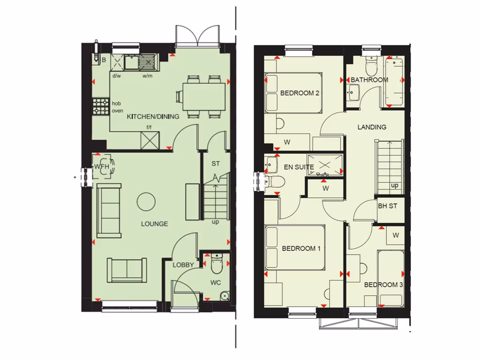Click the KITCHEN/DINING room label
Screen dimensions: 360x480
click(153, 116)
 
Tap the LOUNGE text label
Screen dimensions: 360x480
click(154, 224)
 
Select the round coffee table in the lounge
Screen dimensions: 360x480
click(146, 202)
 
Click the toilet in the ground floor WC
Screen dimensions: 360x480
click(217, 264)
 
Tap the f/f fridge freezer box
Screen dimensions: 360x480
click(150, 140)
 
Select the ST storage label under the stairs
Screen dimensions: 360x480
click(216, 164)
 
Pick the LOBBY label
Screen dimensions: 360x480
click(183, 265)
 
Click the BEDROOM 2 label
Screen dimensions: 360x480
click(300, 93)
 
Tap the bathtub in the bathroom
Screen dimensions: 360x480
click(394, 82)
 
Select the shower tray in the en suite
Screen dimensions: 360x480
click(325, 165)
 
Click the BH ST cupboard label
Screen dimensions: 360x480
click(388, 206)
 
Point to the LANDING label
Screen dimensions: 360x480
click(372, 127)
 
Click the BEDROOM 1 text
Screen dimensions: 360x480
click(301, 248)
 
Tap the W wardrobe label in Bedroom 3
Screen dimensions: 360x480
click(395, 235)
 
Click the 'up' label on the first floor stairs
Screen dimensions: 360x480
click(395, 186)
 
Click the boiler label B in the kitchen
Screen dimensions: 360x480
click(104, 60)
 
